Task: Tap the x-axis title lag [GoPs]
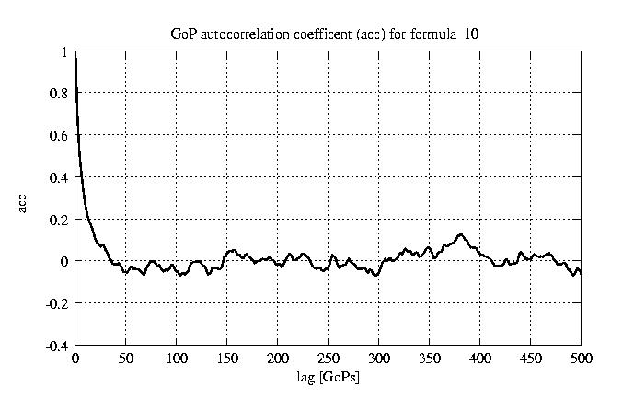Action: pos(329,377)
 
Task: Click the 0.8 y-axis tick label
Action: pos(60,94)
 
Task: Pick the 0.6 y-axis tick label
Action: pos(60,136)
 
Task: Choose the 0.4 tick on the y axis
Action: pos(60,177)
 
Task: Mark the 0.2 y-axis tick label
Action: pos(60,220)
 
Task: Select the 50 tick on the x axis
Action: pos(126,358)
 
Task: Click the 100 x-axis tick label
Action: pos(177,358)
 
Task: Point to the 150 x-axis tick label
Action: pos(227,358)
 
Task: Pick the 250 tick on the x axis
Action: pos(329,358)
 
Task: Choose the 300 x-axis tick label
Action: pos(379,358)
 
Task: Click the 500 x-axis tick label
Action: pos(581,358)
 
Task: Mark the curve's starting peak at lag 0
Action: pos(75,54)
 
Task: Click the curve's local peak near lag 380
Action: pos(461,234)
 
